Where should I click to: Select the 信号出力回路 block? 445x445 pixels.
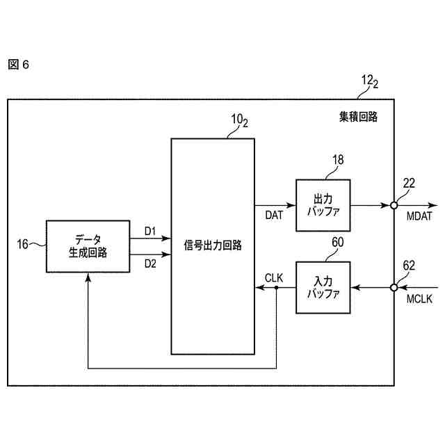213,246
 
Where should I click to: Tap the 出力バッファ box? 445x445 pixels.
323,205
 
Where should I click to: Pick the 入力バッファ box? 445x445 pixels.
323,287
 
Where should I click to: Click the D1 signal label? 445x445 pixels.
150,230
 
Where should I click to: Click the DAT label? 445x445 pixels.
274,216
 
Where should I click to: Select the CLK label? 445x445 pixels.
274,277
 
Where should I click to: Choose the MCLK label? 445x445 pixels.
419,299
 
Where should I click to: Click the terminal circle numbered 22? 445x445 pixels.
394,205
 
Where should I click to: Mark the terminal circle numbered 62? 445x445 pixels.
394,287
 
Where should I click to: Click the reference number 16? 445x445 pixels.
23,243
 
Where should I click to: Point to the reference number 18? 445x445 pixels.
338,160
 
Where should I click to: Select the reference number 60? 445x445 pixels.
338,242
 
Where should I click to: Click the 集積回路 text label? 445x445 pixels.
353,117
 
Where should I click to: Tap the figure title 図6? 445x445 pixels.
19,65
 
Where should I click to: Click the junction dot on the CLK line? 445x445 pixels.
276,287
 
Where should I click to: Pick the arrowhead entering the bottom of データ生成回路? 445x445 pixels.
88,276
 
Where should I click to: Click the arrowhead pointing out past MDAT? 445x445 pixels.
433,205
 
